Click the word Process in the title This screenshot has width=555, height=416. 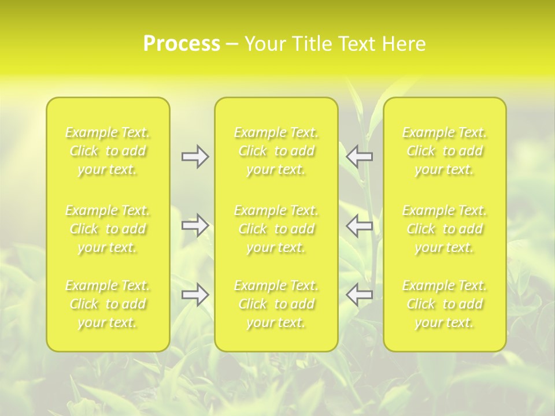point(182,44)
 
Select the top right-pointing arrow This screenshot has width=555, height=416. point(195,157)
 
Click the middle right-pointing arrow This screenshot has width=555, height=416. point(195,225)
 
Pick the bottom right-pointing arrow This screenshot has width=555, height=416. point(195,295)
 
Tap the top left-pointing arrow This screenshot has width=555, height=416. point(360,157)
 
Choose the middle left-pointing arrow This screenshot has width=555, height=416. point(360,225)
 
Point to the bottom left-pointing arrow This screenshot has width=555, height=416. point(360,295)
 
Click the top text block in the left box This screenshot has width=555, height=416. point(108,151)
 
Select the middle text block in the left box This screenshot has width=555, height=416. point(108,229)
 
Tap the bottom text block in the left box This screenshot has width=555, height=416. point(108,304)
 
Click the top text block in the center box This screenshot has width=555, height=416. point(276,151)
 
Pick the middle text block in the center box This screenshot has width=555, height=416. point(276,229)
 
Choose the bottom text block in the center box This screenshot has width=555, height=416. point(276,304)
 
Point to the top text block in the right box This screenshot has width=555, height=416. point(445,151)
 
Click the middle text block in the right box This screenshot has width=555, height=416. point(445,229)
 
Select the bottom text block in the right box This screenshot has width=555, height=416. point(445,304)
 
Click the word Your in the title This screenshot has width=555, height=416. point(265,44)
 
